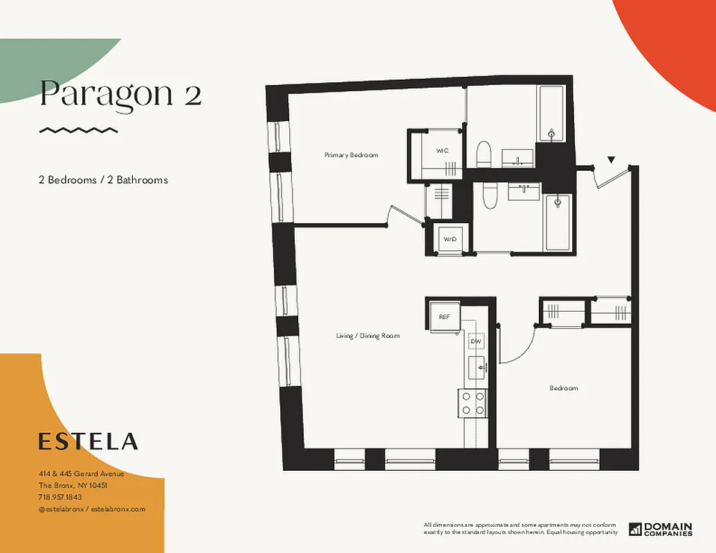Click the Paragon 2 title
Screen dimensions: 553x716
[120, 93]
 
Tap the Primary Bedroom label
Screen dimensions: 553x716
[351, 156]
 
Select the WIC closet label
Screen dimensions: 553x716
[443, 150]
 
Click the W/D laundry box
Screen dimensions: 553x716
[450, 239]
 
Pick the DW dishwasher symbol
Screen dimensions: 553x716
[476, 341]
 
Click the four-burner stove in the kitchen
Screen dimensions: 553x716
[472, 403]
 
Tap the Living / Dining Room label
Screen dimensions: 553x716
[368, 336]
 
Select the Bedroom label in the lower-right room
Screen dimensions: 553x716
[563, 388]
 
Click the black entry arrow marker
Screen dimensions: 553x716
[611, 160]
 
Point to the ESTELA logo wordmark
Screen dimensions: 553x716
[88, 441]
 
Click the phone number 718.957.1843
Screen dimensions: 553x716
[59, 497]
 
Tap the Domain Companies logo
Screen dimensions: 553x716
[661, 529]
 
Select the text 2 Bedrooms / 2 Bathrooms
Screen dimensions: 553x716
[103, 180]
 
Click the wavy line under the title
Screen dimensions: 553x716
[79, 130]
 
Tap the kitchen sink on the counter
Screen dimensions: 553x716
[477, 366]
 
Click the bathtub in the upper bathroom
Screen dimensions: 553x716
[552, 116]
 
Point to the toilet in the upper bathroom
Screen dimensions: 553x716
[484, 154]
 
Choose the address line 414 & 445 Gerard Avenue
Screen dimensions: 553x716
[81, 474]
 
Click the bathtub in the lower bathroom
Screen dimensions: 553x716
[558, 222]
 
